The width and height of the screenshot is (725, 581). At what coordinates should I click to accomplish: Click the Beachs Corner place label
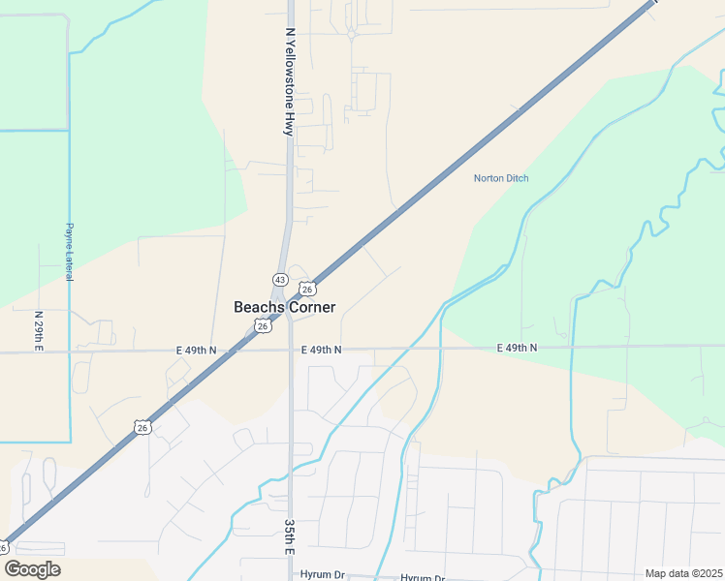(x=285, y=307)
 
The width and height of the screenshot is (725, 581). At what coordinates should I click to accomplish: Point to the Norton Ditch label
(x=501, y=178)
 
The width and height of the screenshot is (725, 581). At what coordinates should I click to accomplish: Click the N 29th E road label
(x=39, y=331)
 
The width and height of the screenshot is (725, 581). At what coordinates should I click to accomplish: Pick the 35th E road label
(x=289, y=535)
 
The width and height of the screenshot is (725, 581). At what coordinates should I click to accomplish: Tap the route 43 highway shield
(x=279, y=279)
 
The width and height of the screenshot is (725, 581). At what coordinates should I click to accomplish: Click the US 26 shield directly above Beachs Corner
(x=306, y=289)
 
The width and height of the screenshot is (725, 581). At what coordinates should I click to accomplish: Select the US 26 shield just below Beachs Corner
(x=263, y=326)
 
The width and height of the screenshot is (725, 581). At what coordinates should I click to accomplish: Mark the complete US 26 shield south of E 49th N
(x=142, y=427)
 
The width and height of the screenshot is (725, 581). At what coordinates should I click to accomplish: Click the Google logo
(x=32, y=569)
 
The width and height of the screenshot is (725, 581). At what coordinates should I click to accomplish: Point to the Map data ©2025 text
(x=682, y=573)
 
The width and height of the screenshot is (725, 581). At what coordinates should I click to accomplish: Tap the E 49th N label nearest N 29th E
(x=197, y=350)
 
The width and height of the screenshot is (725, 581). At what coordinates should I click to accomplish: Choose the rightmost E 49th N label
(x=517, y=348)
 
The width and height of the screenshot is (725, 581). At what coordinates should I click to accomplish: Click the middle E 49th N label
(x=321, y=350)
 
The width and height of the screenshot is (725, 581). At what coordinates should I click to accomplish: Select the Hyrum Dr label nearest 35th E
(x=323, y=575)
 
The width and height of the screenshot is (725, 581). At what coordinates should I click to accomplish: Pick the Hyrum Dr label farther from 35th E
(x=422, y=577)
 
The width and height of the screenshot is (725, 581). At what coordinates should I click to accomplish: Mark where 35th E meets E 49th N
(x=291, y=351)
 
